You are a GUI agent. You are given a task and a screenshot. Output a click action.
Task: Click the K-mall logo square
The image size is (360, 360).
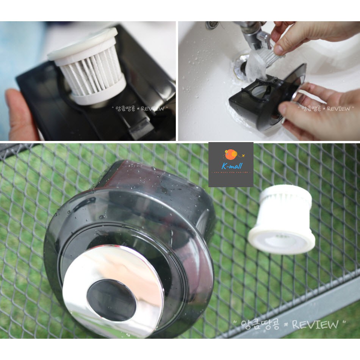point(231,164)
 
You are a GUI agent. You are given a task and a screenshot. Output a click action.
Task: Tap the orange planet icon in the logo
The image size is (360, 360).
point(230,154)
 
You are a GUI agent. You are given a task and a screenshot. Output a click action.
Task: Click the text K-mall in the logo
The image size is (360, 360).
point(232,166)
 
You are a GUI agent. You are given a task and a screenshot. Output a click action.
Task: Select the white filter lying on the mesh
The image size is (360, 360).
point(282,219)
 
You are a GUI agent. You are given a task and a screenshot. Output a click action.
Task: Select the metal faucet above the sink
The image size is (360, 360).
point(252,36)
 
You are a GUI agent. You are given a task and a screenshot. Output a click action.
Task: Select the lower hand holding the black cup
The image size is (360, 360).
point(318,110)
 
